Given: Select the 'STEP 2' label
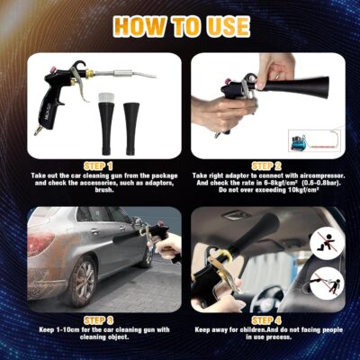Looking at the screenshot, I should (266, 166).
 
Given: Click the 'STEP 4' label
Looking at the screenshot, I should (266, 320).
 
